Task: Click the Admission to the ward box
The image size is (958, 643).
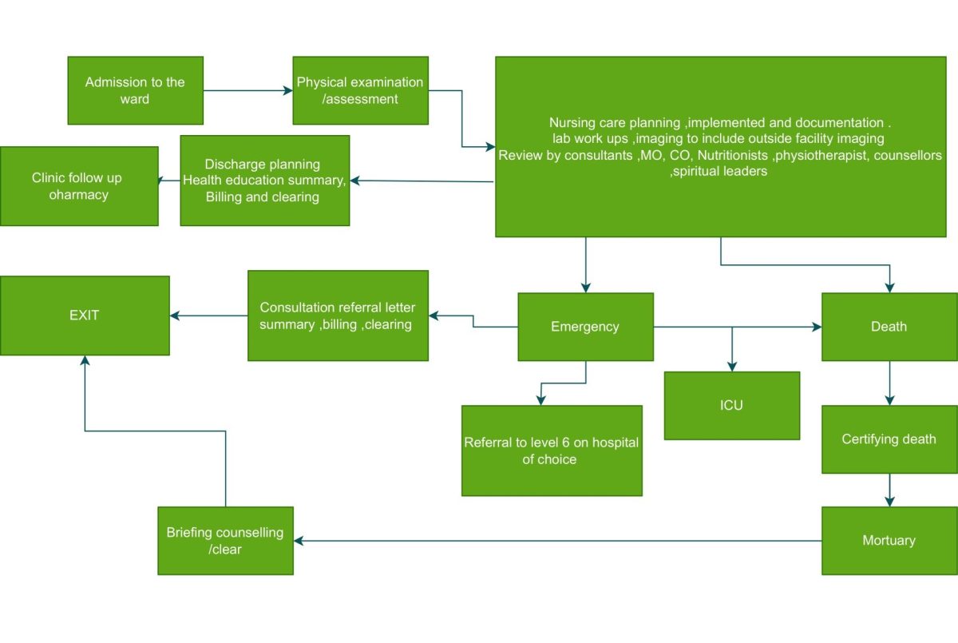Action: (135, 90)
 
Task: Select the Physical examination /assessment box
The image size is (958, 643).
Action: (361, 90)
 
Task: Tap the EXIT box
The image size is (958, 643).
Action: (85, 316)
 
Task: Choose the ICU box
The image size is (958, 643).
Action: (732, 406)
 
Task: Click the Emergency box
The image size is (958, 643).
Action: (585, 327)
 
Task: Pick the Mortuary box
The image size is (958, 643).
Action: (889, 541)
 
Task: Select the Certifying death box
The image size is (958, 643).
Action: (889, 439)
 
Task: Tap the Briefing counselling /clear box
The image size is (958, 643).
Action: (225, 541)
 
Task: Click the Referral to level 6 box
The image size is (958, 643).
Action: (552, 450)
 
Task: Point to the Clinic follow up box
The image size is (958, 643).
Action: (79, 186)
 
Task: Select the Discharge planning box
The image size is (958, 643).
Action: (265, 181)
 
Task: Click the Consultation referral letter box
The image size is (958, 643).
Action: (338, 316)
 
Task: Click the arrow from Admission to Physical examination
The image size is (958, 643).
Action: (248, 91)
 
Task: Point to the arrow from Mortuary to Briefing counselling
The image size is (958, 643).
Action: (558, 541)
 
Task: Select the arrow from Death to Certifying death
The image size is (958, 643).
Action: (889, 383)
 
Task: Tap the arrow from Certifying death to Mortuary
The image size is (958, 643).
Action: (889, 490)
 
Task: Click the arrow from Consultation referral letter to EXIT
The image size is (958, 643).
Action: (208, 316)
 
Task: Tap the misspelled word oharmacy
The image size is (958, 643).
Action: (79, 195)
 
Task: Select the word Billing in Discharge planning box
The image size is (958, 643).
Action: (224, 196)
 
